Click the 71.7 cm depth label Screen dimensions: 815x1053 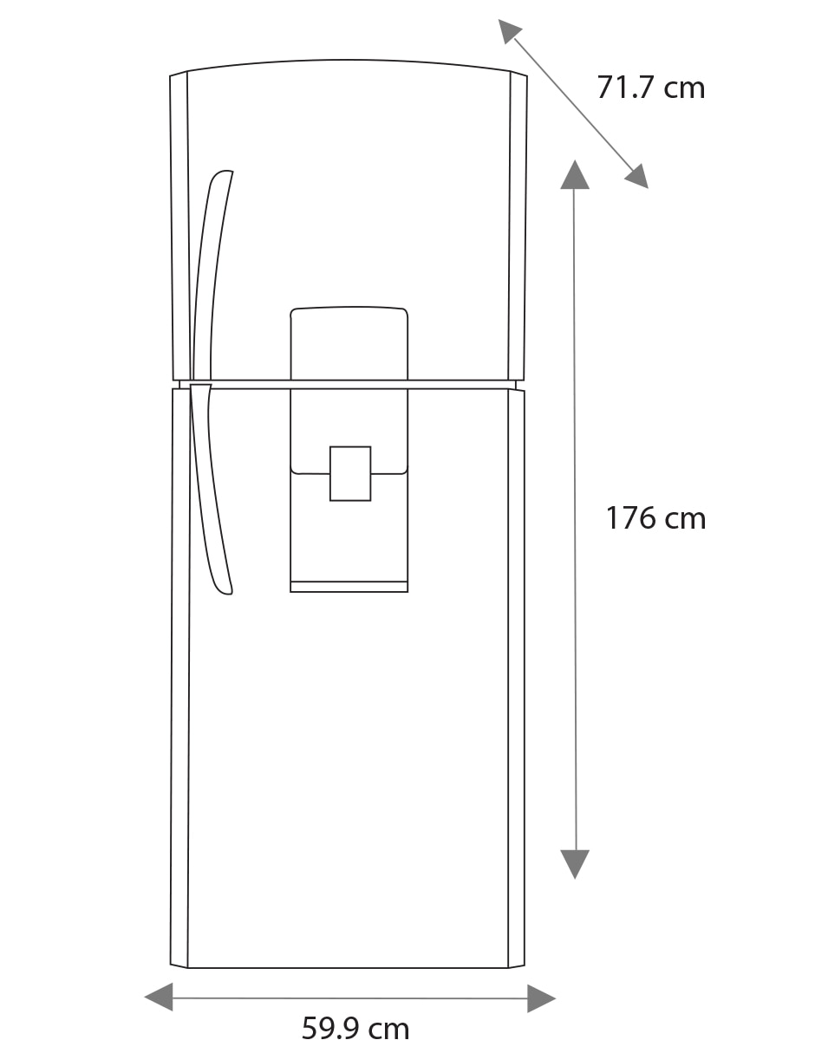[x=650, y=88]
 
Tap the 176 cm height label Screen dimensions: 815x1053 [x=655, y=518]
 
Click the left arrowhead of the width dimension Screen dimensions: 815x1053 [x=159, y=998]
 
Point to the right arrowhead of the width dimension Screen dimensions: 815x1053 [x=541, y=998]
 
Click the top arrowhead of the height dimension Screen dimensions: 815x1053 [x=575, y=174]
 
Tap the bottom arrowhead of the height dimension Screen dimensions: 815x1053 [x=575, y=864]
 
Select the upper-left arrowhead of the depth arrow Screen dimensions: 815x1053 [x=509, y=31]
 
